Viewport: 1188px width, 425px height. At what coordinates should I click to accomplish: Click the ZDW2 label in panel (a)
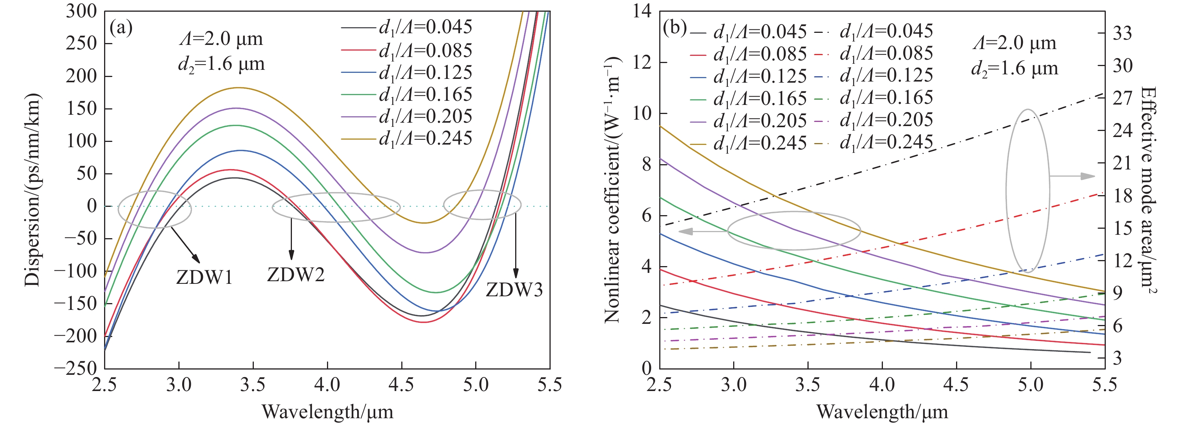point(296,274)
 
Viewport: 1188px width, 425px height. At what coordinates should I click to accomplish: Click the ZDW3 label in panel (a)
point(514,290)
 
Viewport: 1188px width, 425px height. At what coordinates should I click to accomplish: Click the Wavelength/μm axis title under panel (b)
point(882,411)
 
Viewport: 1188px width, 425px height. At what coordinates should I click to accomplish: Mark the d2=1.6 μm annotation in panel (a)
point(221,64)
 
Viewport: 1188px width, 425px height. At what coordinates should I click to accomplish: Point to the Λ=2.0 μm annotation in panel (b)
point(1014,43)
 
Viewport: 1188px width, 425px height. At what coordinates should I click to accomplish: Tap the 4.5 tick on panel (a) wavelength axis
point(401,384)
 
